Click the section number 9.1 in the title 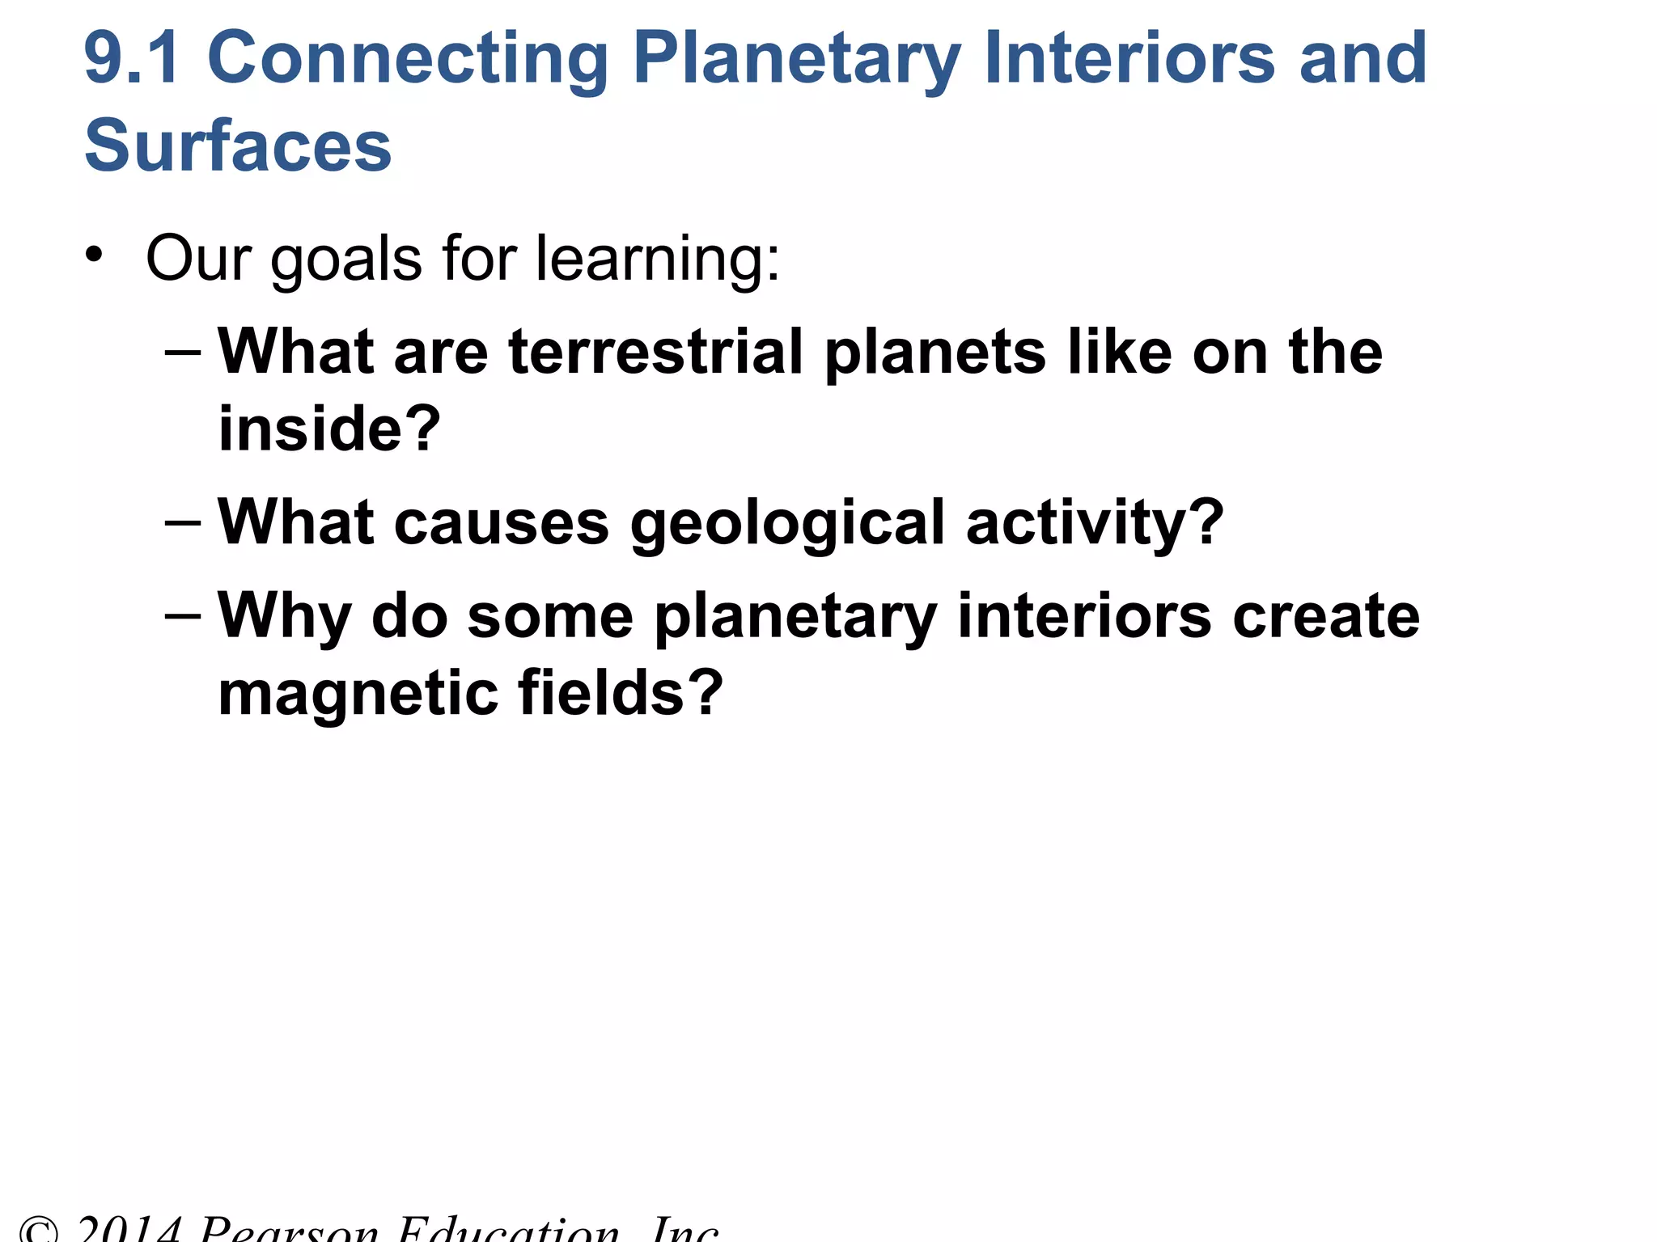(131, 58)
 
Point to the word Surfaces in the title (238, 146)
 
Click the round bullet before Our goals (94, 255)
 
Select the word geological (787, 524)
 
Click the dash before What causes (182, 522)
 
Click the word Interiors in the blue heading (1129, 58)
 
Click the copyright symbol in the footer (39, 1231)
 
